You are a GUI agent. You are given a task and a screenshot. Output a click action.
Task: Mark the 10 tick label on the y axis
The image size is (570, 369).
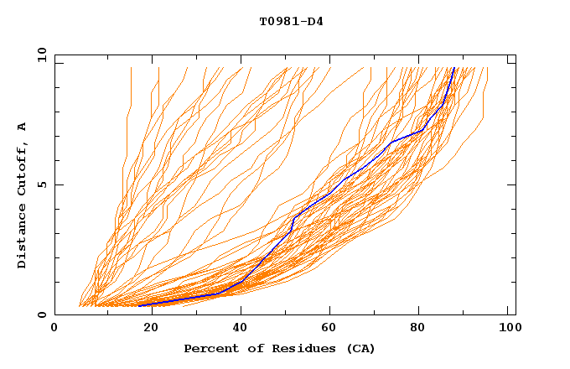[x=40, y=55]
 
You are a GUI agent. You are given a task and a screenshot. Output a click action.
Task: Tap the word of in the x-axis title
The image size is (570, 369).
[x=248, y=348]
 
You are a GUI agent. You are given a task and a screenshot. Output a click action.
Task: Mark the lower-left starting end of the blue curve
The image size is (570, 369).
[x=139, y=305]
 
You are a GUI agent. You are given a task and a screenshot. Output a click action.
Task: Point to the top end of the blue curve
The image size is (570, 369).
[x=453, y=68]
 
